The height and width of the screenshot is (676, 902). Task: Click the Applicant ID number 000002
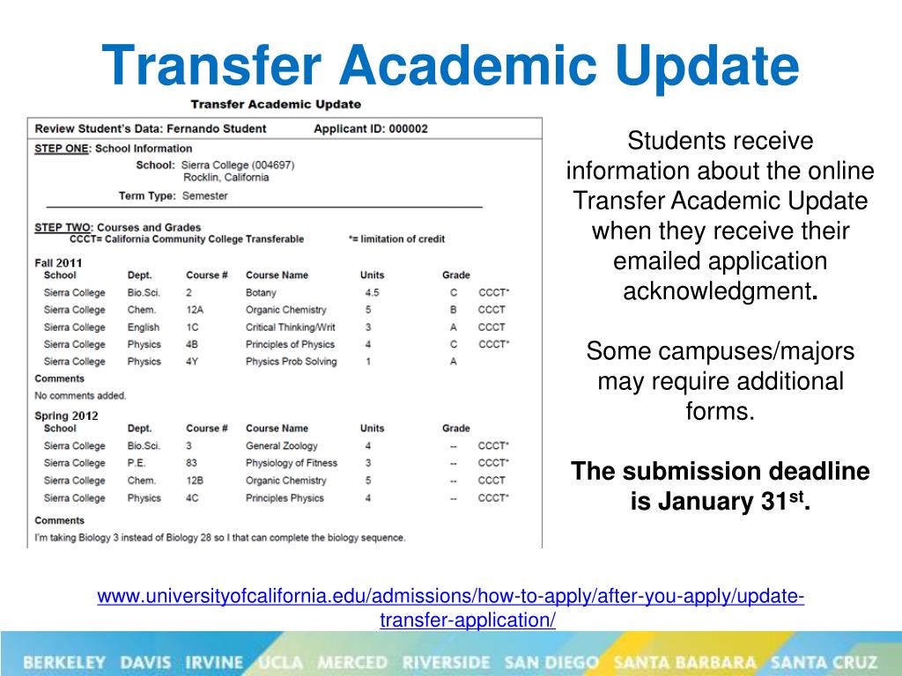(x=408, y=129)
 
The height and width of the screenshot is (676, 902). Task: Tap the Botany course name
(x=261, y=292)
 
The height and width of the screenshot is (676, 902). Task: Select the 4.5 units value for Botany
(x=372, y=292)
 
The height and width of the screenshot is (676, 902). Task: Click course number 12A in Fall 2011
(x=195, y=310)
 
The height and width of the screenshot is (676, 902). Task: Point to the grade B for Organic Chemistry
(x=454, y=310)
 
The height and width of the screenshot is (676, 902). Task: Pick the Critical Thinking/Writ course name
(x=290, y=327)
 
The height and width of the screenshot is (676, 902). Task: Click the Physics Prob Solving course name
(x=291, y=362)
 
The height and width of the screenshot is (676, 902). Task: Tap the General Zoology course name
(x=281, y=445)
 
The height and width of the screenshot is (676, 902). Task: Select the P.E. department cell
(x=137, y=463)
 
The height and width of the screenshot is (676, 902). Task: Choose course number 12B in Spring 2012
(x=195, y=481)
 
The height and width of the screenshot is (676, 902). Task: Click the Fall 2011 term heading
(x=58, y=262)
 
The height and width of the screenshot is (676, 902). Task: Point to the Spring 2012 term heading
(x=66, y=415)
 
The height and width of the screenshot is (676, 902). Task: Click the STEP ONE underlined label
(x=62, y=148)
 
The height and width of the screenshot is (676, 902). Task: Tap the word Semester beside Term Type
(x=204, y=196)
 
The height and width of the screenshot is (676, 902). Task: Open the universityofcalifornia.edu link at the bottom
(x=450, y=607)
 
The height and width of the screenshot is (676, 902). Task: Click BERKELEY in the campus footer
(x=64, y=662)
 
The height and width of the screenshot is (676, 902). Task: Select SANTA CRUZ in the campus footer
(x=824, y=662)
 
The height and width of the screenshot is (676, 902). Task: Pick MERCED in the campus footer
(x=352, y=662)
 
